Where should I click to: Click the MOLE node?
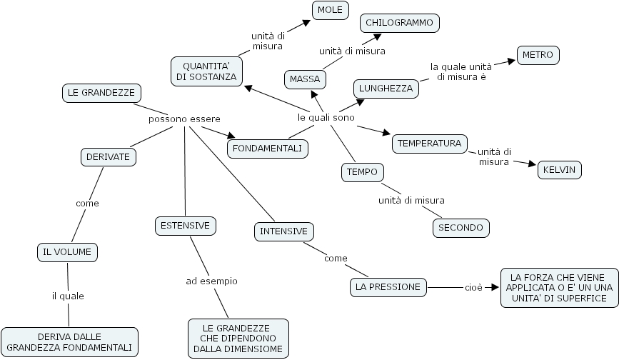(x=329, y=9)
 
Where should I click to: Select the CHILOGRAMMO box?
(x=399, y=23)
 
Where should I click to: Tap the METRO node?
(x=538, y=55)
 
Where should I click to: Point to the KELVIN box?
(x=559, y=170)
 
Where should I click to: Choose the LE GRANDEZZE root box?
(x=100, y=92)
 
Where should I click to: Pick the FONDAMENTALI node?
(x=267, y=149)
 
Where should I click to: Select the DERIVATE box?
(x=108, y=156)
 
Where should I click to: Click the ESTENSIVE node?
(x=185, y=226)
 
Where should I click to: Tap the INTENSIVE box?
(x=283, y=231)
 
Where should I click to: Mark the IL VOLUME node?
(x=66, y=251)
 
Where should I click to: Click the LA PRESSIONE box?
(x=389, y=287)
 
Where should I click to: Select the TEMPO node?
(x=362, y=172)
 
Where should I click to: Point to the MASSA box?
(x=305, y=79)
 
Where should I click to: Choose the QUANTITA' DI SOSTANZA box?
(x=206, y=71)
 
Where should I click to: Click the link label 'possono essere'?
(x=184, y=119)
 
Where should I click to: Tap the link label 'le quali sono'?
(x=326, y=117)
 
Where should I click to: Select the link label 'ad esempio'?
(x=211, y=281)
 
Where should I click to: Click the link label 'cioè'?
(x=473, y=287)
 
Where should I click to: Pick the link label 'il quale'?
(x=67, y=296)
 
